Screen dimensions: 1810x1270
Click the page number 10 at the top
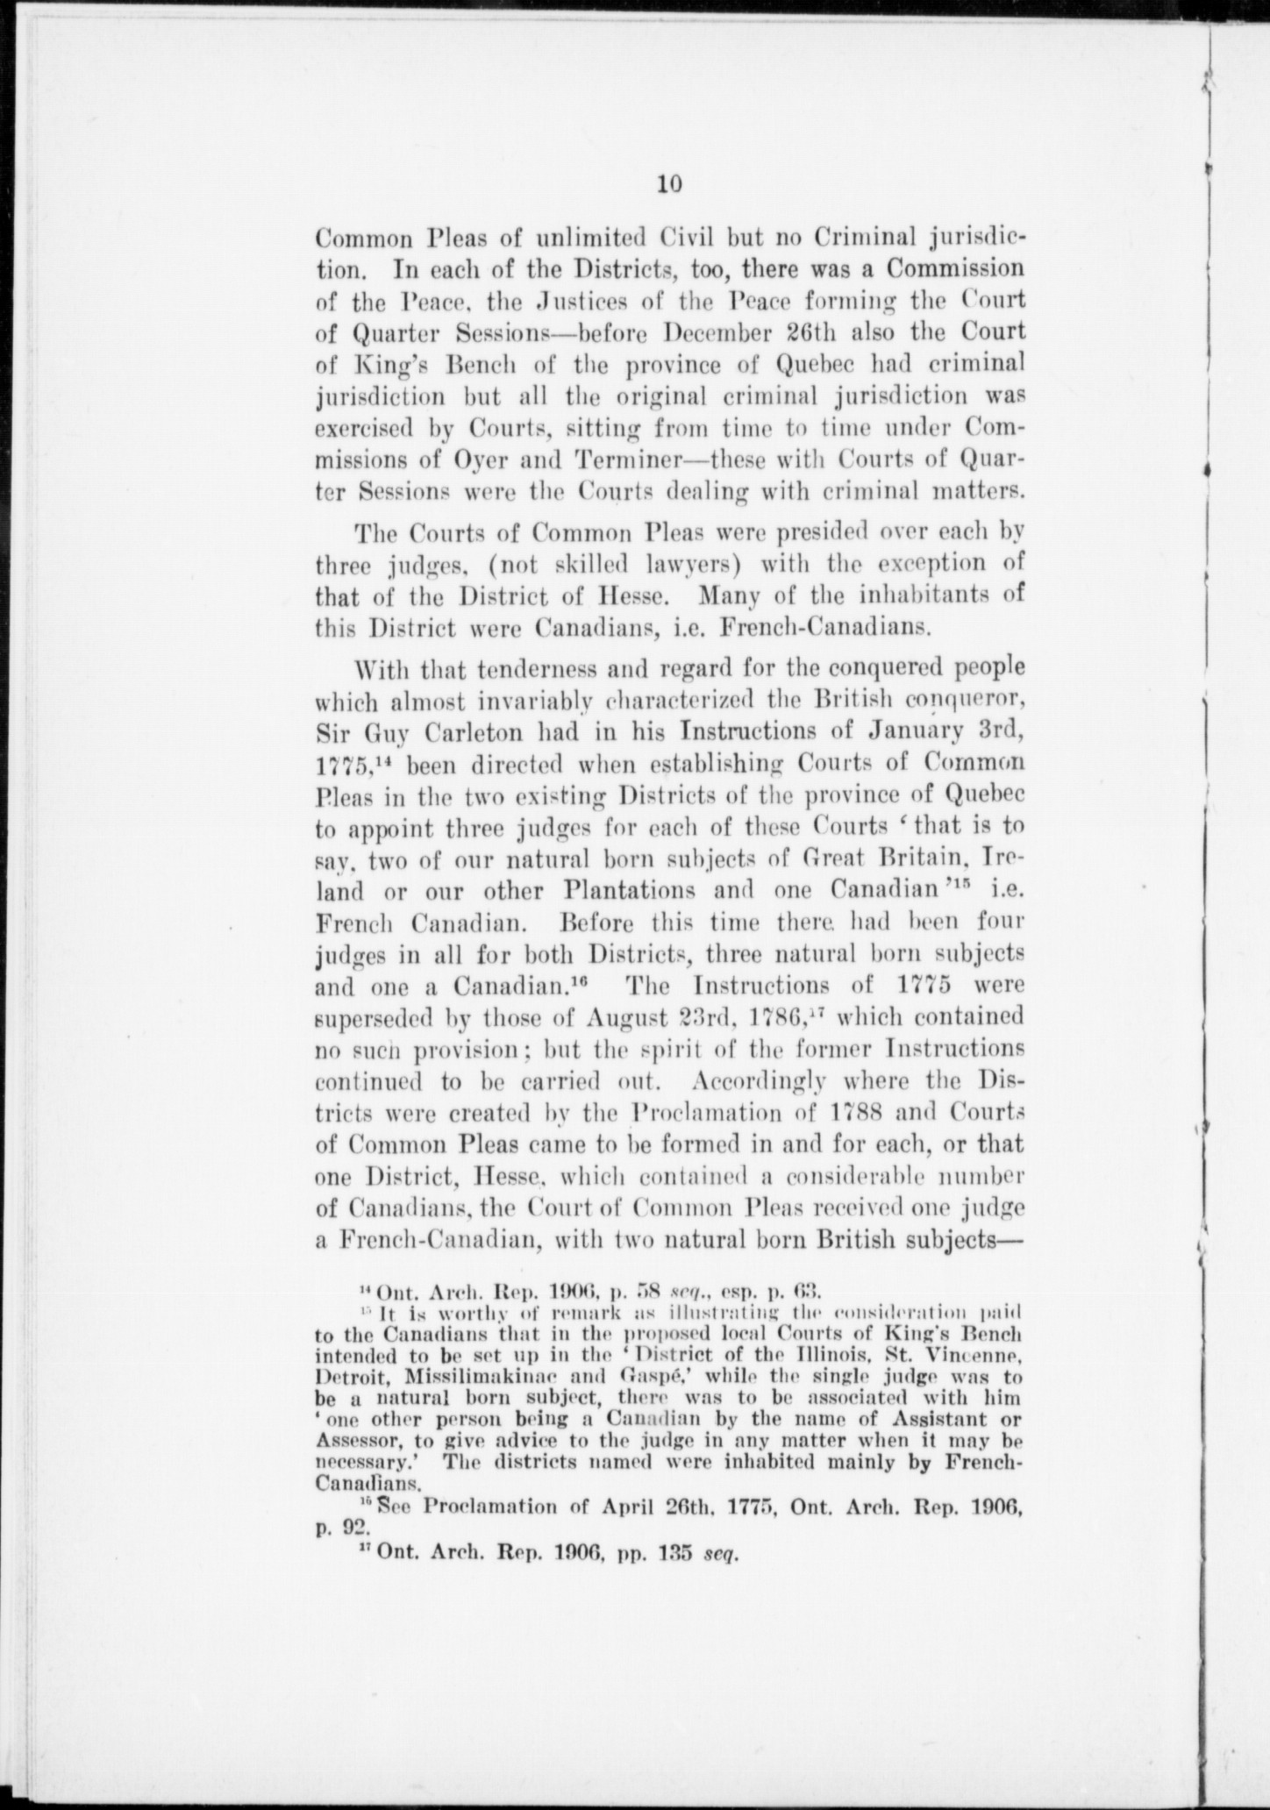pyautogui.click(x=669, y=183)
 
